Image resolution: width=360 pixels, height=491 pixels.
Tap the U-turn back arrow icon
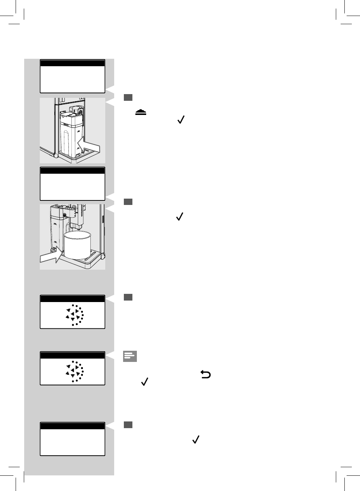tap(206, 375)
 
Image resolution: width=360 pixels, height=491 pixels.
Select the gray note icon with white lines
tap(130, 356)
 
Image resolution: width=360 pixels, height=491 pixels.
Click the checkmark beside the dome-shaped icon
tap(181, 119)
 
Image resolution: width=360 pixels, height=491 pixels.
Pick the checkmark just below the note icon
tap(145, 382)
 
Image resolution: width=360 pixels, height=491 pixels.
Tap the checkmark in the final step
tap(196, 440)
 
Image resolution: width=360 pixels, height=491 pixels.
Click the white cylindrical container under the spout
tap(78, 245)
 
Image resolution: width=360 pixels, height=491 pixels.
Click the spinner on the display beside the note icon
tap(74, 372)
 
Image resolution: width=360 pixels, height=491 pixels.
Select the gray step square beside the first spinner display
tap(128, 297)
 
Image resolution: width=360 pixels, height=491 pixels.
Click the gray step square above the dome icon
tap(128, 97)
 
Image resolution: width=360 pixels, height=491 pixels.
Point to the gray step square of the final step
tap(128, 425)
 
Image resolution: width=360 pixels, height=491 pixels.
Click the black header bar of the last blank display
tap(73, 426)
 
